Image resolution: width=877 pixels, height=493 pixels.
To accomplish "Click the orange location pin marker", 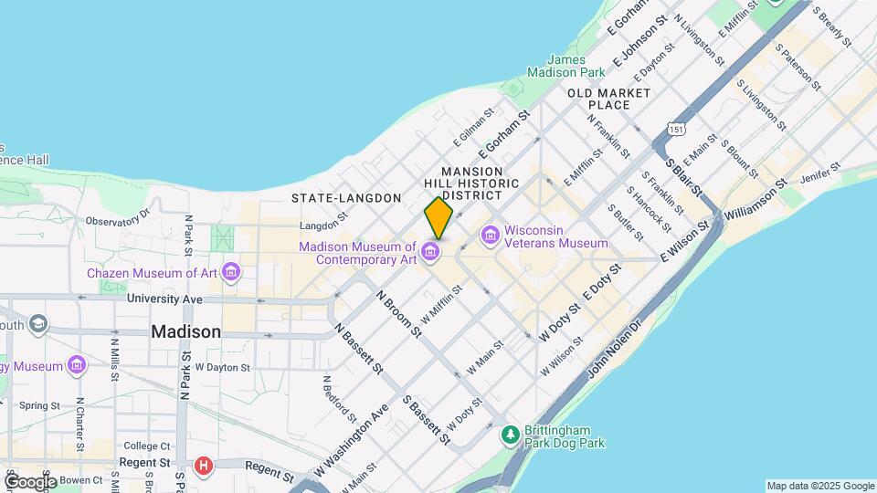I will tap(438, 218).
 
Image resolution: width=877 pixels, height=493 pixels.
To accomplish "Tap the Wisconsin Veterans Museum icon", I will tap(491, 236).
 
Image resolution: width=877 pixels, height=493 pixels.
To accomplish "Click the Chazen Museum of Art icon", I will tap(230, 273).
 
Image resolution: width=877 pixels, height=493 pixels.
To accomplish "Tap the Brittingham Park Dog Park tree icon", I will tap(511, 436).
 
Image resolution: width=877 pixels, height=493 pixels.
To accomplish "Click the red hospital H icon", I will tap(204, 465).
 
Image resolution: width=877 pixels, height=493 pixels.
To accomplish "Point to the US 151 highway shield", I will tap(675, 130).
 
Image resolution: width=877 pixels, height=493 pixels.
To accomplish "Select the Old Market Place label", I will tap(608, 99).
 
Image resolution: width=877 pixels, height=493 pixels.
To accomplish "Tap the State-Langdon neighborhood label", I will tap(346, 198).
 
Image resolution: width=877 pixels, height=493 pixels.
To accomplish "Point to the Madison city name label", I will tap(186, 332).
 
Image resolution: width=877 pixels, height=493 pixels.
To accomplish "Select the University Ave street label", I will tap(164, 299).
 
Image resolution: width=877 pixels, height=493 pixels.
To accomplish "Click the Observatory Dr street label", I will tap(117, 218).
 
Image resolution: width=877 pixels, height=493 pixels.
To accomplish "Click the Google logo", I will tap(30, 481).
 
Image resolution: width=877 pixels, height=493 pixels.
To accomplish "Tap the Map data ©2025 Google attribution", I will tap(819, 486).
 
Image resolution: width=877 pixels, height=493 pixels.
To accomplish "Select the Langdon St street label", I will tap(323, 224).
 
